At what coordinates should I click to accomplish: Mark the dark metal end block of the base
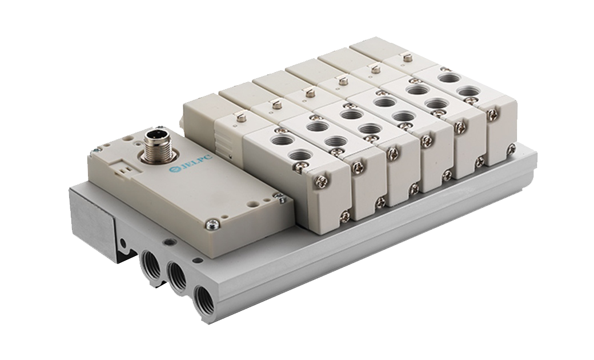tap(92, 223)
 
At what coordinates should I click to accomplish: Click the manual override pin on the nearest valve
tap(239, 118)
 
